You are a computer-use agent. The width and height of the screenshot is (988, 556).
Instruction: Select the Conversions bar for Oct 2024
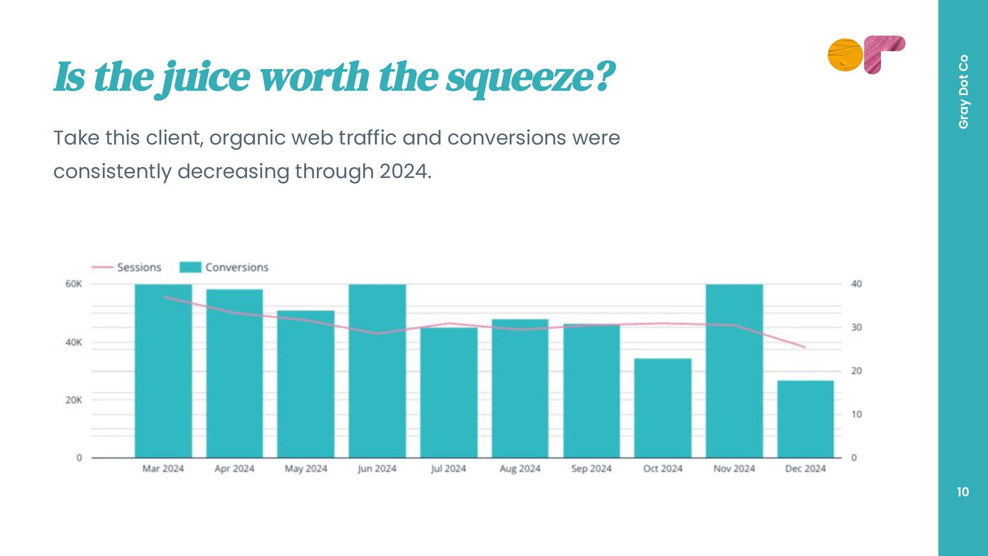click(x=662, y=408)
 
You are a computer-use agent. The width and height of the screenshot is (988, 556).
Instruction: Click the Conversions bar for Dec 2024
click(x=805, y=419)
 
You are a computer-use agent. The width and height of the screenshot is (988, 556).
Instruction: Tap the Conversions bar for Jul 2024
click(x=449, y=392)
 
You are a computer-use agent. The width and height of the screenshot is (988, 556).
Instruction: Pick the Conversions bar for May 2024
click(x=306, y=384)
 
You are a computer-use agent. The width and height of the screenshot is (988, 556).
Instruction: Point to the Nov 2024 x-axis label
click(x=734, y=468)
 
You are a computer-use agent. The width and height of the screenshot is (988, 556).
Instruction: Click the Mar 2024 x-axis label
click(x=163, y=468)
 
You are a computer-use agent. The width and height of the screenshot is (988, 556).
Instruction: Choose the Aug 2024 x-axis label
click(x=520, y=468)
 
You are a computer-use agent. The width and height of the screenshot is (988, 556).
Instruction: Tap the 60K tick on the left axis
click(x=74, y=284)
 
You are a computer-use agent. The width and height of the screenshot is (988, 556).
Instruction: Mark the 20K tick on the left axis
click(x=74, y=400)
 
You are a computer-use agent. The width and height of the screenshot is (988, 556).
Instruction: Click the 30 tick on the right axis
click(x=856, y=327)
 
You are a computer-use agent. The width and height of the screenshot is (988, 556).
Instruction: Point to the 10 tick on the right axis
click(x=856, y=414)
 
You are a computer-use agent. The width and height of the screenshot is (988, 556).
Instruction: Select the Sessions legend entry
click(x=138, y=267)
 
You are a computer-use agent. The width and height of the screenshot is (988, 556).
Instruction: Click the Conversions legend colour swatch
click(x=190, y=267)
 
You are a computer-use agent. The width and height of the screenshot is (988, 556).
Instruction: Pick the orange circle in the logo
click(x=845, y=55)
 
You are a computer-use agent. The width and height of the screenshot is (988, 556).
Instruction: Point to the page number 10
click(x=963, y=492)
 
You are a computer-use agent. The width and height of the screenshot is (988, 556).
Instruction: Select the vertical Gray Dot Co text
click(x=963, y=92)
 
